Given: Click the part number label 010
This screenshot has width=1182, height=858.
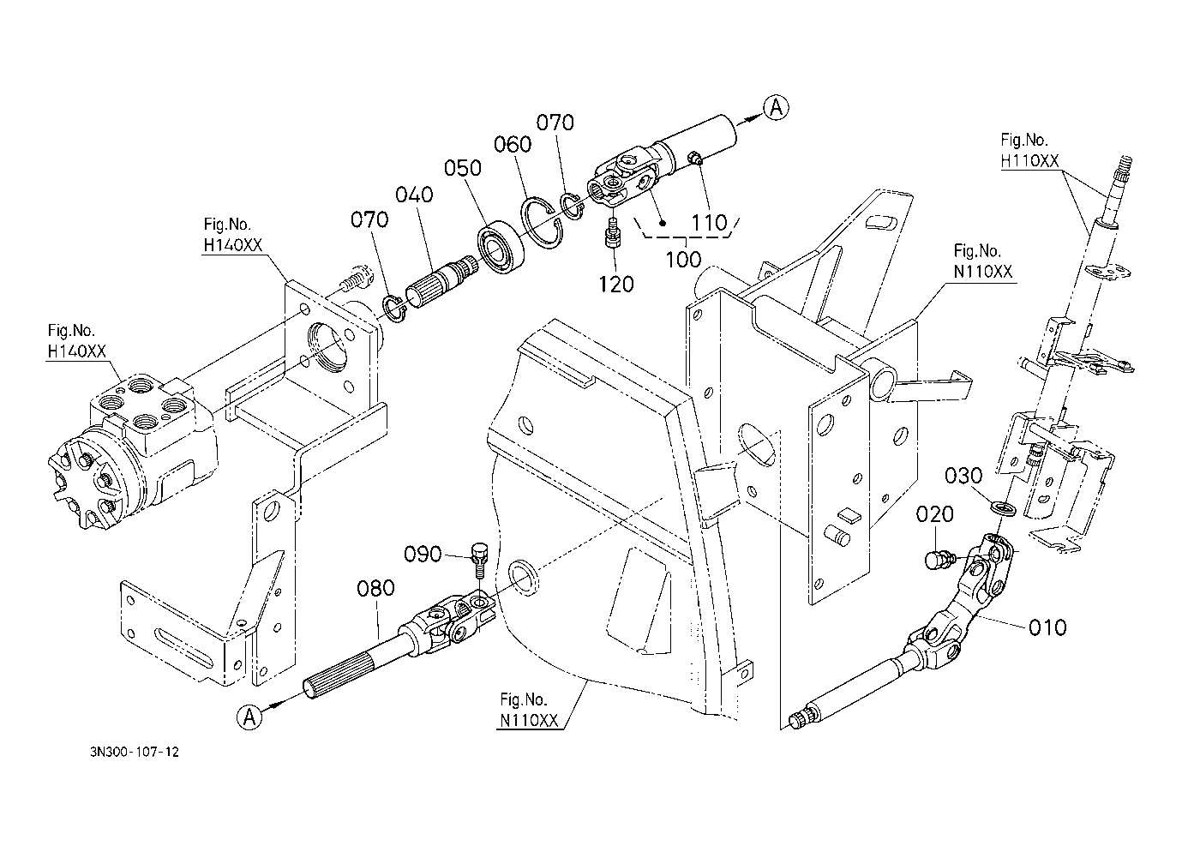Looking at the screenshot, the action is click(1047, 627).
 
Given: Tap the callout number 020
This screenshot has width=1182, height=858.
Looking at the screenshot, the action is click(934, 514).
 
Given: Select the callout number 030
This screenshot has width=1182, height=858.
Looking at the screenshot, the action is click(963, 476).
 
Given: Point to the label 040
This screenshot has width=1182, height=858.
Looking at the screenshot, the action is click(414, 195).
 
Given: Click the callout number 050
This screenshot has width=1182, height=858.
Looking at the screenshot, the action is click(463, 168).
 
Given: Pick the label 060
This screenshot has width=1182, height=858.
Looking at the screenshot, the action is click(513, 144).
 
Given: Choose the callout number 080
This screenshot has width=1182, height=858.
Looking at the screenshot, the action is click(375, 588).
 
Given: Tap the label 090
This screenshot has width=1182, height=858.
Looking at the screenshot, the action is click(423, 554).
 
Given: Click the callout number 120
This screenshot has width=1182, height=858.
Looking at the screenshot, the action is click(615, 285).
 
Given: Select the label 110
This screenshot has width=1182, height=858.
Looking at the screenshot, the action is click(709, 223).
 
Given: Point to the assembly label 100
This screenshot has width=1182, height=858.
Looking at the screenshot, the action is click(683, 259).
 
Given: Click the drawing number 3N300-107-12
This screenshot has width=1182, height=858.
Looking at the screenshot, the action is click(135, 752).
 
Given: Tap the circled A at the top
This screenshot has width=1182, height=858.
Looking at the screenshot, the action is click(777, 108).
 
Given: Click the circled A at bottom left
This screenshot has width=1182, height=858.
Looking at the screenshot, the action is click(249, 717).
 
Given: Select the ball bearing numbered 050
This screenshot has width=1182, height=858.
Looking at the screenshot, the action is click(501, 247).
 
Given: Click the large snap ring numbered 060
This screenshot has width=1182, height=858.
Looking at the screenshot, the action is click(543, 223).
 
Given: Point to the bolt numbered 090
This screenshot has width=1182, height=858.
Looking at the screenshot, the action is click(478, 561).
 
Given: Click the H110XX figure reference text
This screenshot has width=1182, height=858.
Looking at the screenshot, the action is click(1029, 160).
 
